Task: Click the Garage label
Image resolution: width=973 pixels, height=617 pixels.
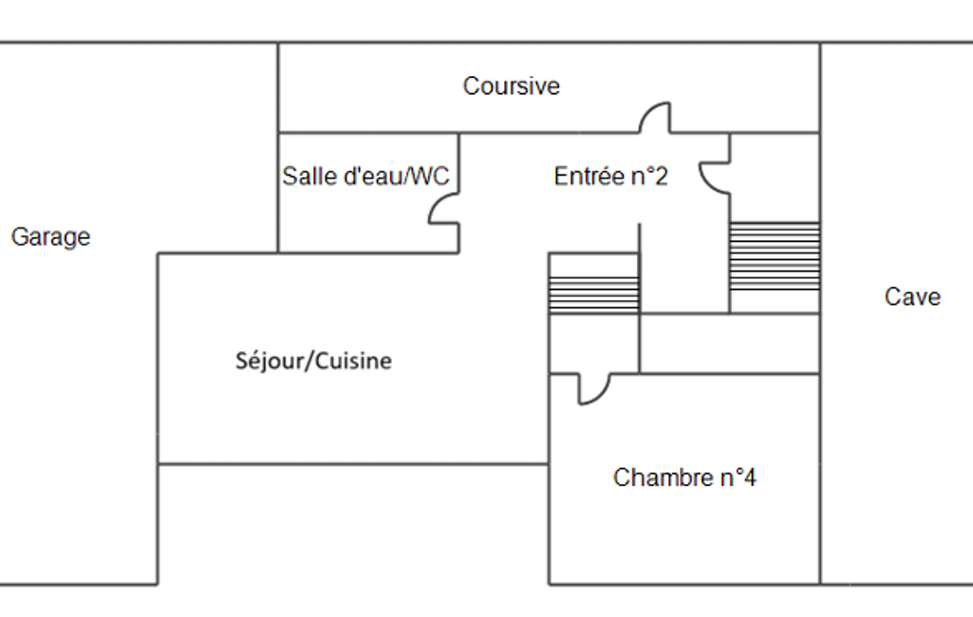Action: coord(50,237)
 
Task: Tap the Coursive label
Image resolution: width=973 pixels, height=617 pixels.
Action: coord(511,86)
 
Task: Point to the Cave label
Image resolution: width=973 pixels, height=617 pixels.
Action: coord(912,297)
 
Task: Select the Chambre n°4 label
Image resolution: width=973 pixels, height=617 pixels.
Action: coord(684,477)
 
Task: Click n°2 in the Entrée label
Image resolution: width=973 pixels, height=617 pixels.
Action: coord(648,177)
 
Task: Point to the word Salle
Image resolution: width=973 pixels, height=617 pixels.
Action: coord(309,177)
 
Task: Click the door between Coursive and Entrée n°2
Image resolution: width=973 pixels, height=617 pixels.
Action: coord(654,120)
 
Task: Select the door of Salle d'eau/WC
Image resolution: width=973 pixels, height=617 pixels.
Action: coord(444,211)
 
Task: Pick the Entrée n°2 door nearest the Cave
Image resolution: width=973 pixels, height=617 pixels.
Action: coord(715,177)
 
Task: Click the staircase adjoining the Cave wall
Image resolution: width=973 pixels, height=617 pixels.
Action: coord(774,256)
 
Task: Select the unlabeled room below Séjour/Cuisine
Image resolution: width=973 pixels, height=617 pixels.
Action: coord(352,524)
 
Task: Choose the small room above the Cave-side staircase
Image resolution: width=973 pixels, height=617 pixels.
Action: coord(774,177)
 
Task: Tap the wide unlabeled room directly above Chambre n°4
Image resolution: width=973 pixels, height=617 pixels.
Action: coord(729,344)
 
